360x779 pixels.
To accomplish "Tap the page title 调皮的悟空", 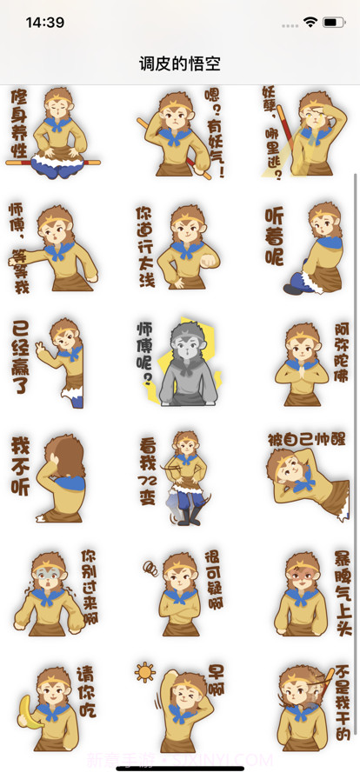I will point(180,63).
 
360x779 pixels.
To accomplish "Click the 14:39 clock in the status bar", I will point(45,23).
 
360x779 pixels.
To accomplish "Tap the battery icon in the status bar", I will point(334,22).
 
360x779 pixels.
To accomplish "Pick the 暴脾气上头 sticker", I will point(309,591).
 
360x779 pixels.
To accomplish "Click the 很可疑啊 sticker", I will point(181,591).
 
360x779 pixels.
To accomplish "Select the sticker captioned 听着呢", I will point(309,248).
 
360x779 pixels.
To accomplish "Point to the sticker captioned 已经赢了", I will point(54,361).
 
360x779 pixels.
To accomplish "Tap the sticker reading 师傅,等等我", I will point(54,248).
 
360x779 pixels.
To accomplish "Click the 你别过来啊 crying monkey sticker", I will point(54,591).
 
